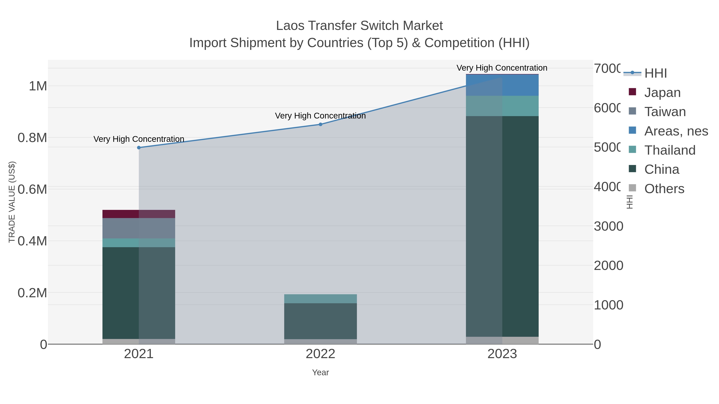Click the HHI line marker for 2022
tap(320, 124)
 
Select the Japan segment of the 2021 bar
tap(139, 214)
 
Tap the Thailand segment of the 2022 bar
tap(320, 299)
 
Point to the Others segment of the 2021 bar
tap(139, 341)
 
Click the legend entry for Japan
tap(662, 93)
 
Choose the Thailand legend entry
tap(670, 150)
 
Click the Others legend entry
tap(664, 189)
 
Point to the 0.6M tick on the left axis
tap(32, 190)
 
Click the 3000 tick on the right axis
tap(608, 226)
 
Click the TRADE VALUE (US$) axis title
tap(12, 202)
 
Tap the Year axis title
tap(320, 372)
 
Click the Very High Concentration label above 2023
tap(502, 68)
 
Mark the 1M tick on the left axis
tap(38, 86)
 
